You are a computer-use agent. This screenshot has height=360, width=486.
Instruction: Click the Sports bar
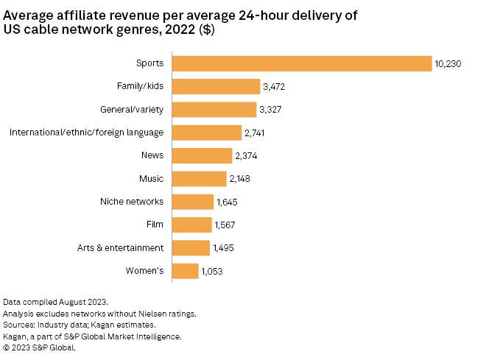pyautogui.click(x=301, y=64)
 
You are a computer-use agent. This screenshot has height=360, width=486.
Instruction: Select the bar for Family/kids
pyautogui.click(x=216, y=87)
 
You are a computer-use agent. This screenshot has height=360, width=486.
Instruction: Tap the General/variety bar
pyautogui.click(x=214, y=110)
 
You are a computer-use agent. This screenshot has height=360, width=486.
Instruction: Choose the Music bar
pyautogui.click(x=199, y=179)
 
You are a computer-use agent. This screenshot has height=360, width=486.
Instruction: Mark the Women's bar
pyautogui.click(x=185, y=271)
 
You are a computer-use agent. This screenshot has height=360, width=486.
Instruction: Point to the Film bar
pyautogui.click(x=191, y=225)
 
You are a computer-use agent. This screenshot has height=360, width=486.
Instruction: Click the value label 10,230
pyautogui.click(x=448, y=64)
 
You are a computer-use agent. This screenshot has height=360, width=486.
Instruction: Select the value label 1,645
pyautogui.click(x=227, y=202)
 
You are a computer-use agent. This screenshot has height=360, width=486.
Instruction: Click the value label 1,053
pyautogui.click(x=212, y=271)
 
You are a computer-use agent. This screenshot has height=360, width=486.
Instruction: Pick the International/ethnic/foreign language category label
pyautogui.click(x=86, y=133)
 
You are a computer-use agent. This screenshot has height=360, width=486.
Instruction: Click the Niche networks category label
pyautogui.click(x=132, y=202)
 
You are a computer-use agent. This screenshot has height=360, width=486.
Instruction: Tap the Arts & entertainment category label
pyautogui.click(x=121, y=248)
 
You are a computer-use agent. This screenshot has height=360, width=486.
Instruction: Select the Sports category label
pyautogui.click(x=149, y=64)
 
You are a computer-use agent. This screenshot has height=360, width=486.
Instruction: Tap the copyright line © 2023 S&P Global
pyautogui.click(x=40, y=347)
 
